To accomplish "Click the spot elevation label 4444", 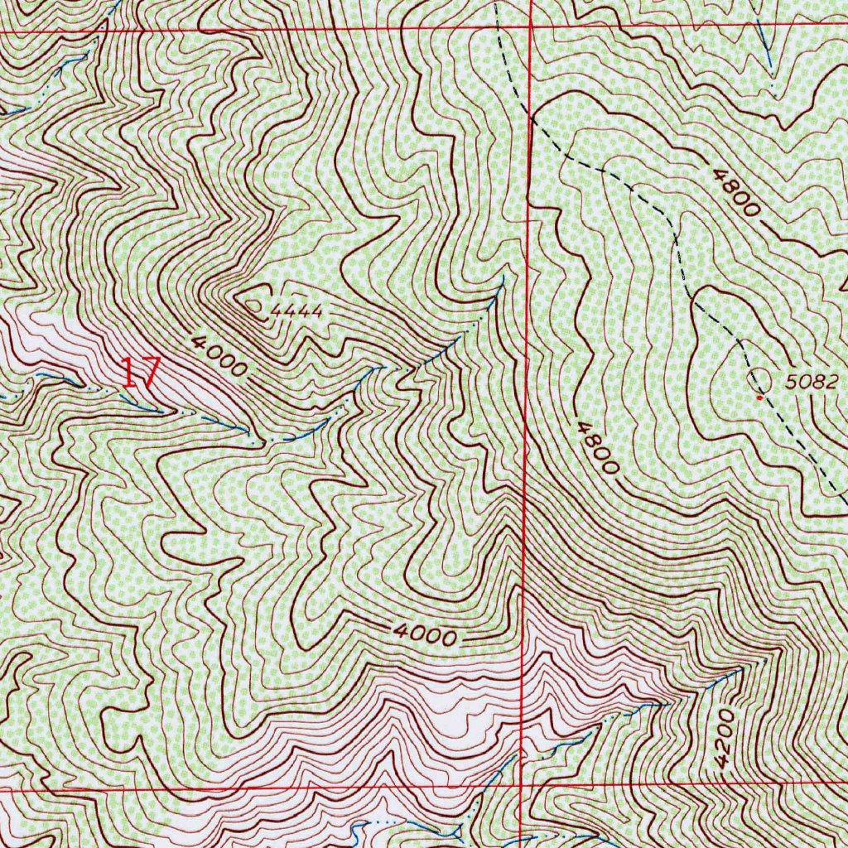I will (295, 311).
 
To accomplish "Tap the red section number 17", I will (138, 373).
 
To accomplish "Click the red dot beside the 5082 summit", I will (759, 397).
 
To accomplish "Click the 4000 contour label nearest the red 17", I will (217, 355).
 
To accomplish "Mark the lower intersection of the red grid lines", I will (520, 782).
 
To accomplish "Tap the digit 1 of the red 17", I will (129, 373).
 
